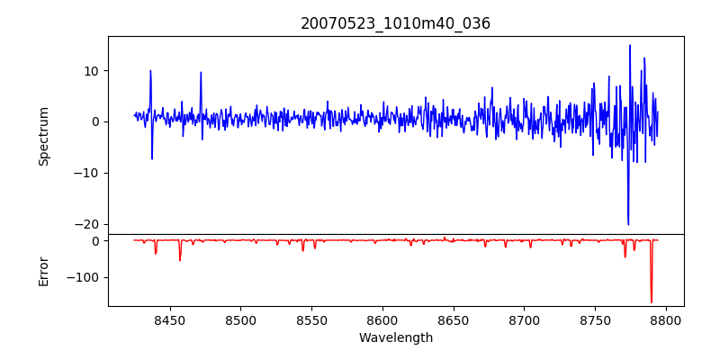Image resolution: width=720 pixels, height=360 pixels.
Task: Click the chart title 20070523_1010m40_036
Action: tap(396, 23)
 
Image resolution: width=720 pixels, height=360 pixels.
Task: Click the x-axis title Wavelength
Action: tap(396, 338)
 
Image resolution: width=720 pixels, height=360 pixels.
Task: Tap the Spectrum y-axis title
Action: tap(44, 136)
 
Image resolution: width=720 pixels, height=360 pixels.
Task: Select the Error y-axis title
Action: tap(44, 270)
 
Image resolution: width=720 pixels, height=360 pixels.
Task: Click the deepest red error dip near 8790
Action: tap(652, 301)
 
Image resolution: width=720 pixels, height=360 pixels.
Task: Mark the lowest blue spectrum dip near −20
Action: tap(628, 224)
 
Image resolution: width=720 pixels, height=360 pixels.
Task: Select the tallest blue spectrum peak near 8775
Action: tap(630, 46)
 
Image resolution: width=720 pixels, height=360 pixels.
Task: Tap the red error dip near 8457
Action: tap(180, 260)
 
